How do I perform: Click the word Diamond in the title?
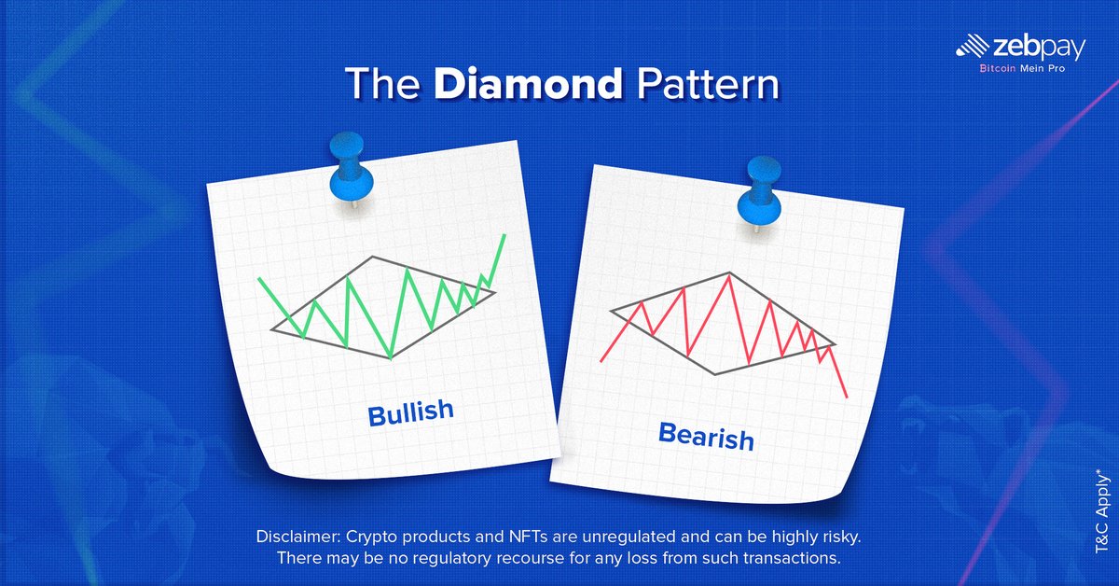529,83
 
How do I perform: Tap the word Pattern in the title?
708,83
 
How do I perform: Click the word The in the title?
382,83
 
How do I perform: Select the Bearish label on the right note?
706,436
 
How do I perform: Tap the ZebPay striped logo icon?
972,46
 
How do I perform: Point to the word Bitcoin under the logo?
998,68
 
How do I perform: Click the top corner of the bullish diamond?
372,257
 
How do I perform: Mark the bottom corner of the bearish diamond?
715,374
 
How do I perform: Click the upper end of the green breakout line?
504,235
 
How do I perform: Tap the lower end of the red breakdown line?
847,398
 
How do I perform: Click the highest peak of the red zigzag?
729,275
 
